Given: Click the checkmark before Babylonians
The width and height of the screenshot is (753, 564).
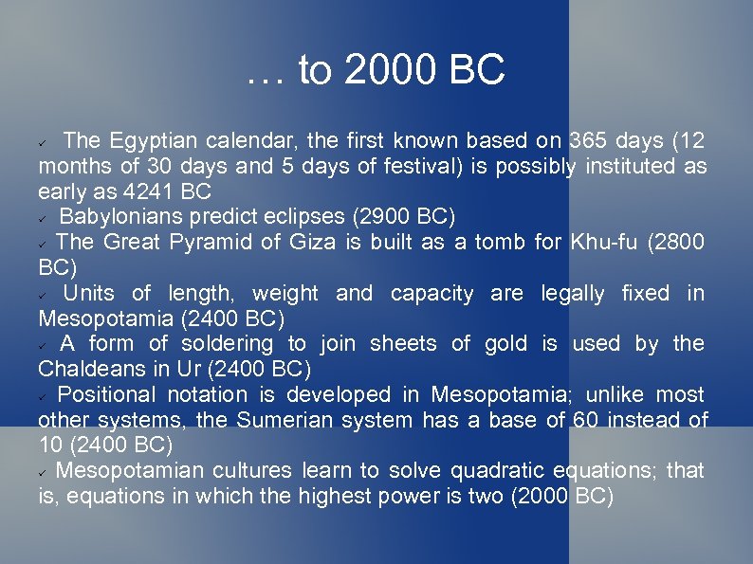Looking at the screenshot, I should (x=44, y=218).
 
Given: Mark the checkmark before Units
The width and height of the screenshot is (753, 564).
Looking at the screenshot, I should (x=44, y=295).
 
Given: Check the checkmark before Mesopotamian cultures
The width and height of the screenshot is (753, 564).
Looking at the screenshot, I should (x=44, y=472).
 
